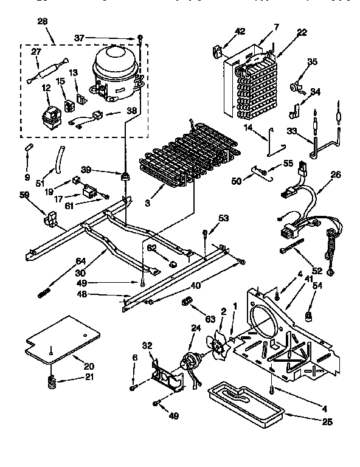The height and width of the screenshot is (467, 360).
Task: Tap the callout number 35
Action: click(312, 61)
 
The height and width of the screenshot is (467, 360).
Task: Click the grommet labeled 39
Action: click(126, 177)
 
